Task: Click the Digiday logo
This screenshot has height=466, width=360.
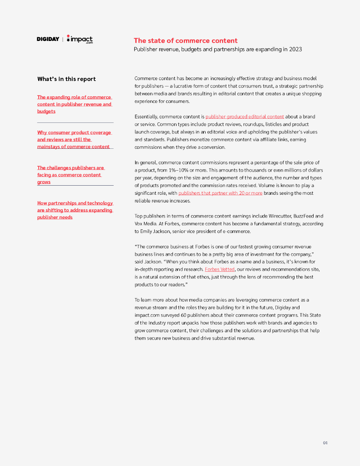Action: (48, 39)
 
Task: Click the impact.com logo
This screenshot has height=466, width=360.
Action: (80, 39)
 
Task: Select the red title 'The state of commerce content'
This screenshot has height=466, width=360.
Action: (185, 41)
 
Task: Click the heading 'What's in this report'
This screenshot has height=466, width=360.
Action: (66, 79)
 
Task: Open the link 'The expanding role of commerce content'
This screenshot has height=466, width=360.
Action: (74, 104)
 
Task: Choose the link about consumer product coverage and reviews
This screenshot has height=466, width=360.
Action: (74, 140)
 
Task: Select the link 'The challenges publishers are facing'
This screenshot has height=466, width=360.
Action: (71, 175)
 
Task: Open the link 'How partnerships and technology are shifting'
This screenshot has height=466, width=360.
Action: (75, 210)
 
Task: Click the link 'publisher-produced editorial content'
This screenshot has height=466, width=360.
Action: (244, 117)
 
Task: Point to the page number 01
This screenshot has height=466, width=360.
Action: (325, 443)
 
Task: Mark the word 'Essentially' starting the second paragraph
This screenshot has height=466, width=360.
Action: (147, 117)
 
